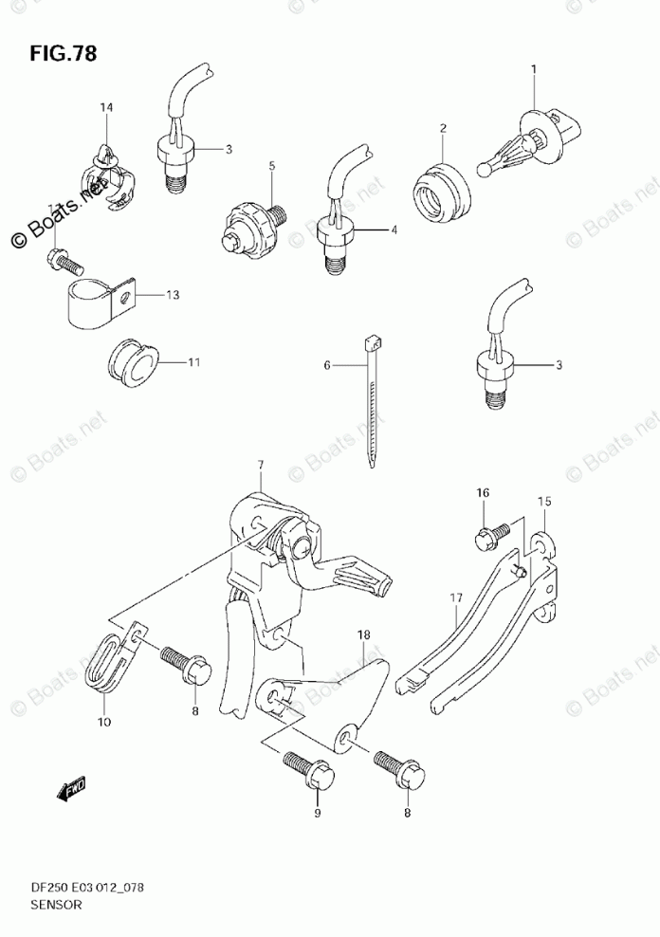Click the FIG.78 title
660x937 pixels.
pos(63,52)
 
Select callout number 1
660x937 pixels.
pos(533,68)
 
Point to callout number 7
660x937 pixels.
pos(259,465)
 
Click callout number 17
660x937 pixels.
pos(455,597)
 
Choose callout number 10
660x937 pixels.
pos(104,722)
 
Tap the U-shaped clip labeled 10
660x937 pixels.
pos(112,660)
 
